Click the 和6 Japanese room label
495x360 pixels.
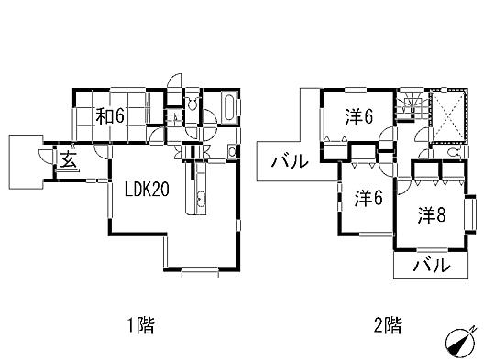[x=111, y=116]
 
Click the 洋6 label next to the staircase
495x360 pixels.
[x=357, y=116]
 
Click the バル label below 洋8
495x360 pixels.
[x=432, y=266]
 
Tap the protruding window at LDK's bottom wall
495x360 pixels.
[x=201, y=271]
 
